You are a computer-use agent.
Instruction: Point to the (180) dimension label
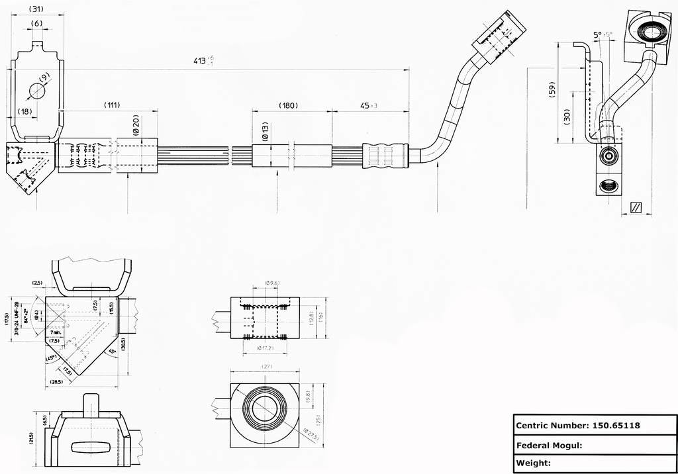click(288, 105)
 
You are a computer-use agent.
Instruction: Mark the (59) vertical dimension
click(552, 90)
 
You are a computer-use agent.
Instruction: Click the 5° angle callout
click(598, 35)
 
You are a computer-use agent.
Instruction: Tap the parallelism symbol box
click(636, 207)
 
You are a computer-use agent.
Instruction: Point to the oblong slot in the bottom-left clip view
click(89, 448)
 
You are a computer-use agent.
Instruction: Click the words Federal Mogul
click(548, 445)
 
